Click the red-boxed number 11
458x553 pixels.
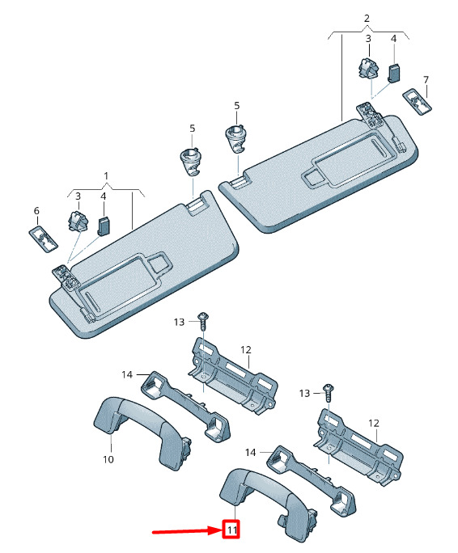231,530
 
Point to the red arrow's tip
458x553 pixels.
222,530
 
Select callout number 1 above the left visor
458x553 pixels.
106,175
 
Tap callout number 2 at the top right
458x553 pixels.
367,18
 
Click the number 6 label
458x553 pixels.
36,211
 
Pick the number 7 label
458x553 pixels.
426,80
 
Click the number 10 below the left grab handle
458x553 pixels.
108,459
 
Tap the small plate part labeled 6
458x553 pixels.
43,239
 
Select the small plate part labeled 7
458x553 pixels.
418,102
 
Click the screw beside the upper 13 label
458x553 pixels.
203,320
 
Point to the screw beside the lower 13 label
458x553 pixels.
329,392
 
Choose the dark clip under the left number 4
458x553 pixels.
103,226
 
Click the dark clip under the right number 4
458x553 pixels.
394,73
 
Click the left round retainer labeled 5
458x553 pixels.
190,162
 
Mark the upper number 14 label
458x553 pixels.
127,374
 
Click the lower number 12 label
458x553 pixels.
374,423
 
